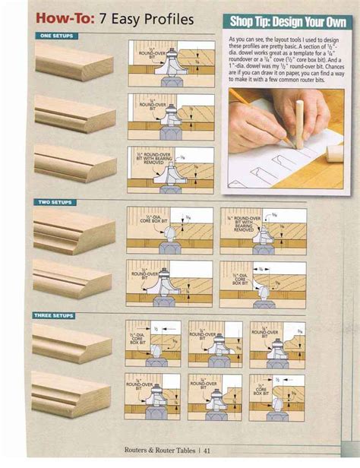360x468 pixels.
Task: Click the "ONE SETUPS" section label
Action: pyautogui.click(x=57, y=36)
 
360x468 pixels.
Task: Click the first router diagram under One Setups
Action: pyautogui.click(x=170, y=66)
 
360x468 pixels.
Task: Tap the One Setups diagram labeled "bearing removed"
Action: pyautogui.click(x=170, y=169)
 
